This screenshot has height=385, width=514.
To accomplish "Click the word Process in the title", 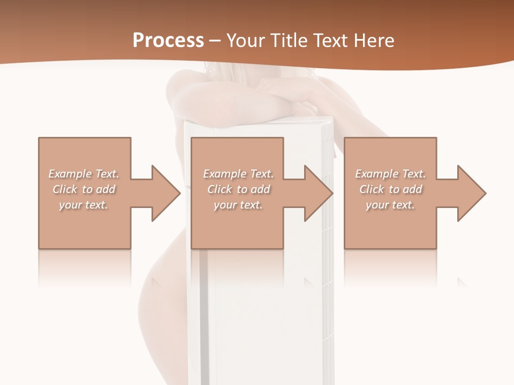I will pos(168,41).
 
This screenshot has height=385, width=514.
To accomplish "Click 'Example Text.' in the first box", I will pos(84,174).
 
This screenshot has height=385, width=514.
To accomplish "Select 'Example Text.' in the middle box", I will pos(238,174).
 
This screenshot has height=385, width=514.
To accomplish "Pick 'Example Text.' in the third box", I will pos(390,174).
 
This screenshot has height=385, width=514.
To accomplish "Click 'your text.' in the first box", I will pos(84,205).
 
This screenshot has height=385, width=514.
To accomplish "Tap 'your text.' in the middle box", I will pos(238,205).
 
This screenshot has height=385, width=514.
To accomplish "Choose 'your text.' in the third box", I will pos(390,205).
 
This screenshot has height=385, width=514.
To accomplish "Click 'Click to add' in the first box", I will pos(84,189).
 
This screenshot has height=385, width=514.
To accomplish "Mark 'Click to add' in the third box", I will pos(390,189).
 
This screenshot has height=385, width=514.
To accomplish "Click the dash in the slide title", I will pos(215,41).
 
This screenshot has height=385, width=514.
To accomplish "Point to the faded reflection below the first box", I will pos(85,267).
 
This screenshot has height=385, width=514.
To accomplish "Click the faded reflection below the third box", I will pos(390,267).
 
